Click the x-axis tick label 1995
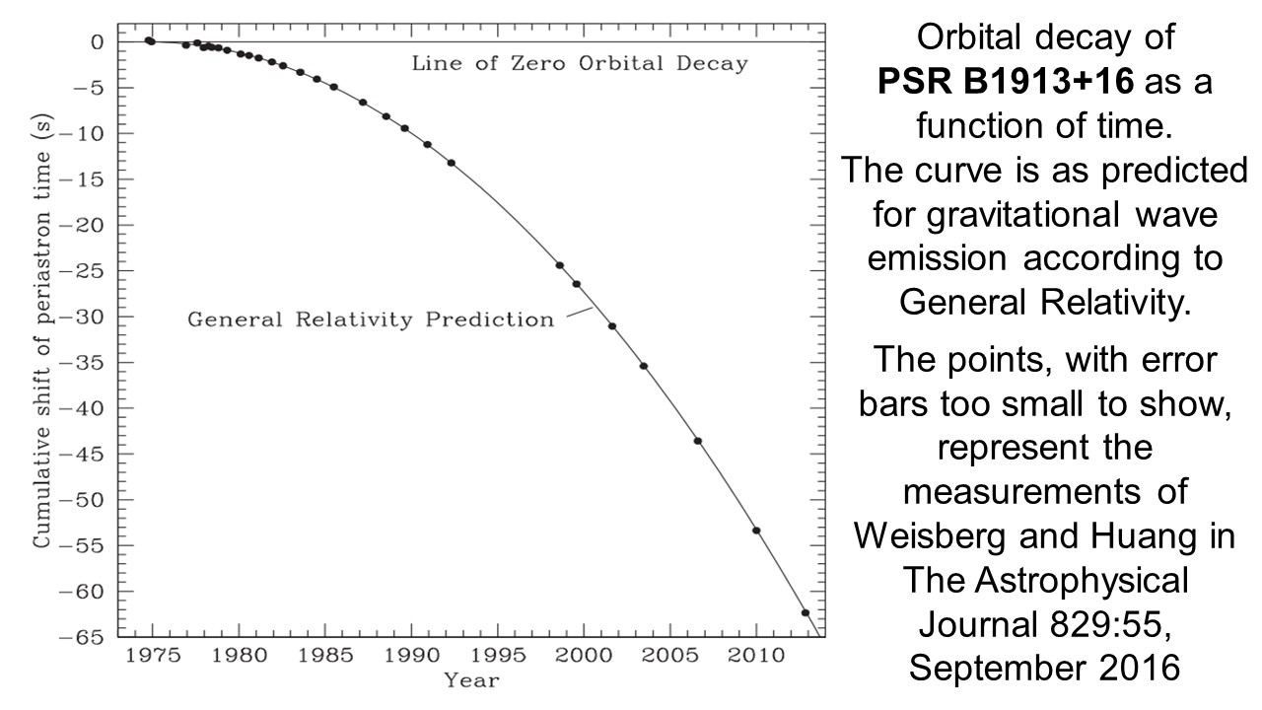click(497, 657)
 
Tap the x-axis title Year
click(471, 679)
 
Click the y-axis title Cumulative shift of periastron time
click(42, 338)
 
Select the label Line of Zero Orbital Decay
click(580, 64)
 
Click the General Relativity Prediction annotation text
click(371, 319)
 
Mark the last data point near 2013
click(806, 612)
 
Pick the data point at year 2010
click(756, 531)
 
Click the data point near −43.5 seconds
click(698, 441)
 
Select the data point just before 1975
click(149, 41)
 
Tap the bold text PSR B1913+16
click(1017, 82)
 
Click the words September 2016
click(1043, 668)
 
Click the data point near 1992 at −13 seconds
click(452, 163)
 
